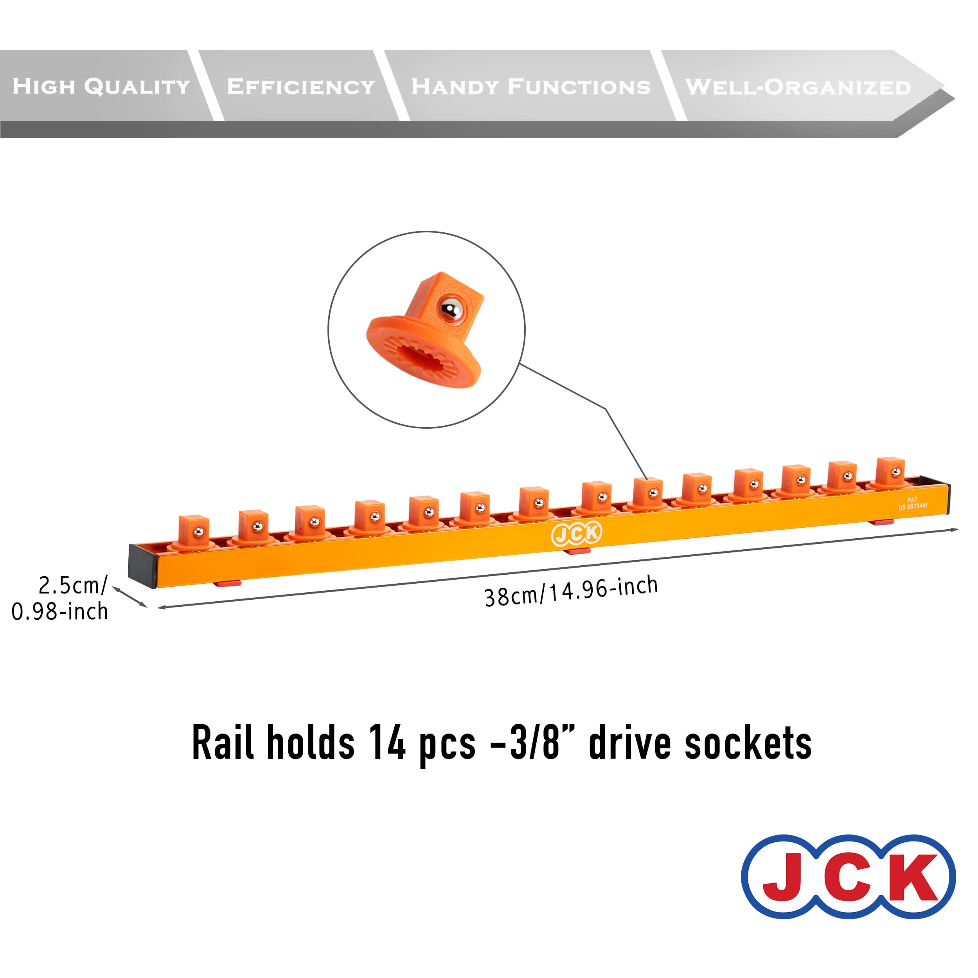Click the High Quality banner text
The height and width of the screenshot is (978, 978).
click(x=101, y=86)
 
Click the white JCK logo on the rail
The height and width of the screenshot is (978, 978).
click(x=576, y=534)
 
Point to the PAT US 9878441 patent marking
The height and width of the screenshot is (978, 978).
click(x=913, y=503)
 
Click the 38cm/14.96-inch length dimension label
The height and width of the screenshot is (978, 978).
click(x=571, y=591)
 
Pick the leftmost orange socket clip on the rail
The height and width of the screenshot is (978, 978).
click(x=194, y=532)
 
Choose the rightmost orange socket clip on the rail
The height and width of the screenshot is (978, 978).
click(x=890, y=473)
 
